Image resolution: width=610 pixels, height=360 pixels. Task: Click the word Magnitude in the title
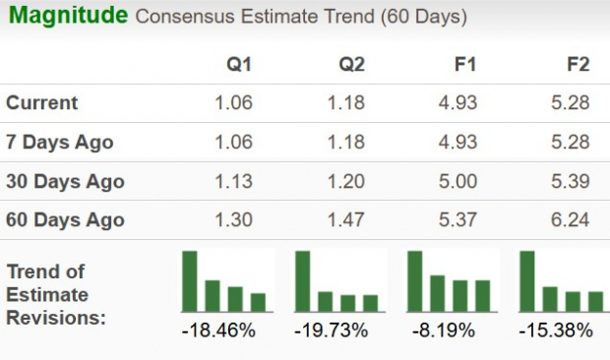click(x=67, y=16)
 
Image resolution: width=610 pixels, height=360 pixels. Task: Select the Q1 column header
click(x=239, y=65)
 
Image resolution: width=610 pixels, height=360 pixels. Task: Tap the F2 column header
click(x=578, y=65)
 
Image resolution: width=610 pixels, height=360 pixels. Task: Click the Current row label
click(x=42, y=103)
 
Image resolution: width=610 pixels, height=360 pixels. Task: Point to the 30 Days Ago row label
click(x=65, y=182)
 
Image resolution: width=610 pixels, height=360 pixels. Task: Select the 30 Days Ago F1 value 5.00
click(x=458, y=182)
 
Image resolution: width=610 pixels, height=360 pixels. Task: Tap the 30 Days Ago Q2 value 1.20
click(x=346, y=182)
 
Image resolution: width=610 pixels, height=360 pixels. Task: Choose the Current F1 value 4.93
click(x=458, y=103)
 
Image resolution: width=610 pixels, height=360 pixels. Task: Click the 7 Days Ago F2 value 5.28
click(x=572, y=143)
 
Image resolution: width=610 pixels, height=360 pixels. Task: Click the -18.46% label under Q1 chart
click(x=219, y=330)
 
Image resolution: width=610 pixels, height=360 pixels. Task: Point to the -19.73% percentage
click(x=332, y=330)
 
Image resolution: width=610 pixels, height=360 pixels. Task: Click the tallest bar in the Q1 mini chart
click(x=190, y=281)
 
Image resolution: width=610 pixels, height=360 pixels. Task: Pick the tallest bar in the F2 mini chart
click(x=527, y=281)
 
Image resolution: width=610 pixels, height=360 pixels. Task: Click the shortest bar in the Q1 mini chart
click(x=259, y=302)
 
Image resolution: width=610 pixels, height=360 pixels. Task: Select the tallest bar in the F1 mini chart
click(x=414, y=281)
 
